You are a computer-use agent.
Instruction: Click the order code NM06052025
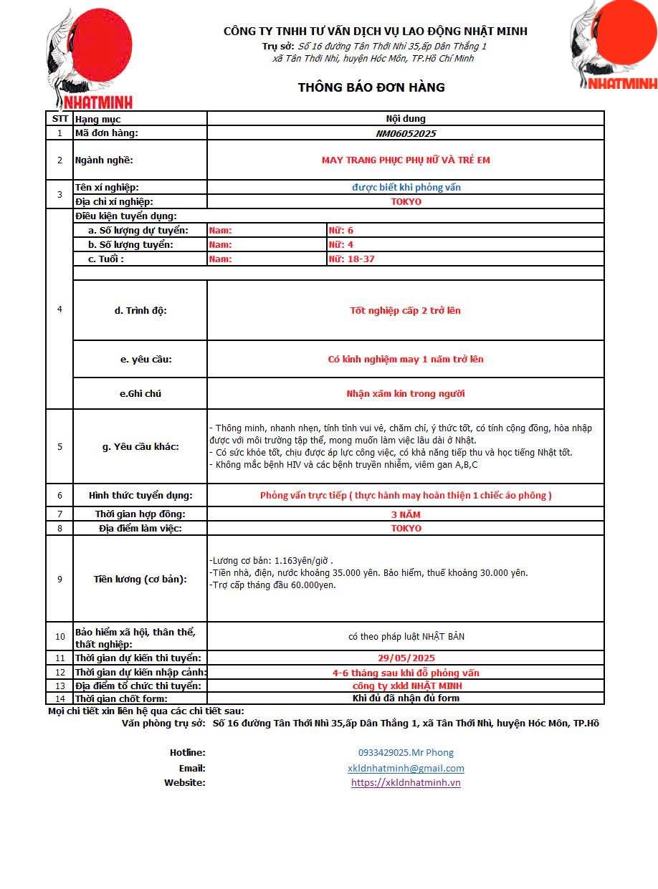406,133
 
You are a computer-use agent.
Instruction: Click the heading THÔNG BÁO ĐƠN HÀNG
371,87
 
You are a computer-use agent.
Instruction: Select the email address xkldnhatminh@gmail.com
406,768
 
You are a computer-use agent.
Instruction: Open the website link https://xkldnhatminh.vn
406,782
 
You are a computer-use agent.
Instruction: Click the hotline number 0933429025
406,752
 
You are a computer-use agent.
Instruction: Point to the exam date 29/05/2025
406,658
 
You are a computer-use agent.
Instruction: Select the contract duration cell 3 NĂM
406,514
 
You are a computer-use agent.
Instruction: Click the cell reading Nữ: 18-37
351,259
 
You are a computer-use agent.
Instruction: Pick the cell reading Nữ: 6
340,230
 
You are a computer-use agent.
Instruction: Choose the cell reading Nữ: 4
340,244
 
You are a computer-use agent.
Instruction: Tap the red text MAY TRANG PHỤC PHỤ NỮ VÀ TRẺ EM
406,160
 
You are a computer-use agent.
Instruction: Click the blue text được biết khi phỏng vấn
406,187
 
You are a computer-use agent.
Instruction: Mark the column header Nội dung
406,119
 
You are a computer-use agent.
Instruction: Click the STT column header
59,119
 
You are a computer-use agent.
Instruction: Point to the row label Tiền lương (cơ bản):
140,579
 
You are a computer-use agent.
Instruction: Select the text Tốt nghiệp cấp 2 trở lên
406,310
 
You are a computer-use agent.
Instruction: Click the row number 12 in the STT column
59,672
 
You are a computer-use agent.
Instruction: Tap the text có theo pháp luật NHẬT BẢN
406,636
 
